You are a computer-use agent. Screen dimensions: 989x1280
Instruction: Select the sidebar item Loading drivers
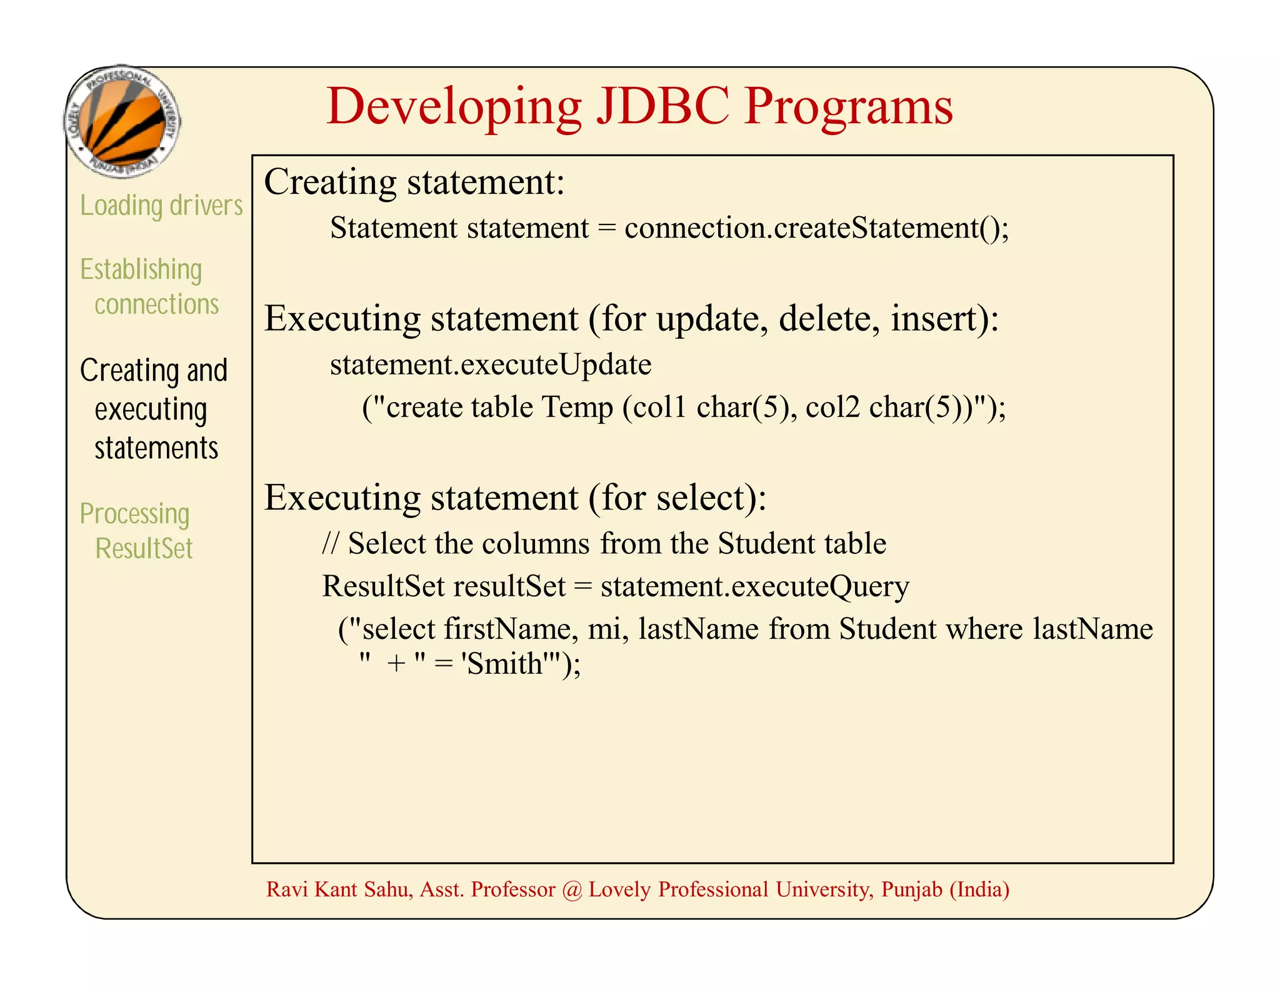point(161,206)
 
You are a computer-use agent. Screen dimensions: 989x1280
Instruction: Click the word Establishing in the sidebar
point(141,269)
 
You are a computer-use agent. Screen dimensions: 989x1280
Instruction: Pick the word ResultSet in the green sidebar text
point(144,548)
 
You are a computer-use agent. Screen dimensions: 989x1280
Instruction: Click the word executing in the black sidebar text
point(151,410)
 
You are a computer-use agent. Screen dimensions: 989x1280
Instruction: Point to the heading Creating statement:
point(414,183)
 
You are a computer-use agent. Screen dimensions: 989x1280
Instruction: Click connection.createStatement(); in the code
point(816,228)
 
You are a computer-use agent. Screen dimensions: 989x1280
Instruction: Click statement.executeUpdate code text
point(491,364)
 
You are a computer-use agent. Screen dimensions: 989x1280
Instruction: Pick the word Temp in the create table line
point(577,407)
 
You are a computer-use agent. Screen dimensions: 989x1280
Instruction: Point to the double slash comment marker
point(330,543)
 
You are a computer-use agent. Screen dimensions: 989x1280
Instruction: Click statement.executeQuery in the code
point(754,586)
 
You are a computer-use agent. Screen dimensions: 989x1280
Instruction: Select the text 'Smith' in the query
point(502,664)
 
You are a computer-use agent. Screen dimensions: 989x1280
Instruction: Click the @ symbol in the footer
point(571,890)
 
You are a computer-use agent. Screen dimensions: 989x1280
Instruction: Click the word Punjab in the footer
point(911,890)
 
